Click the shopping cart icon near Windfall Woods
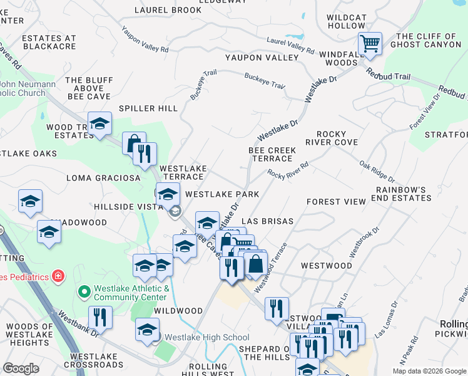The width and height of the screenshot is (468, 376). tap(370, 43)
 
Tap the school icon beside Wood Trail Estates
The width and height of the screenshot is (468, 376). tap(99, 123)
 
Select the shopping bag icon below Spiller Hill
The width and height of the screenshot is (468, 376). tap(133, 144)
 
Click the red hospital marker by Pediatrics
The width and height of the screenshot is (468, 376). tap(58, 275)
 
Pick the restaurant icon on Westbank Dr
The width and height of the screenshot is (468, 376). tap(99, 317)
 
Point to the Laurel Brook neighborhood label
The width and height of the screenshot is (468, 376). tap(168, 11)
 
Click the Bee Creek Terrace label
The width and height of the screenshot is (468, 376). tap(272, 154)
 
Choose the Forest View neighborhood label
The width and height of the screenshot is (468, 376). tap(335, 202)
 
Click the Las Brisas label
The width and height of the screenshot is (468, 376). tap(267, 222)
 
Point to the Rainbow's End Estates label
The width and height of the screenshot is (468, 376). tap(403, 193)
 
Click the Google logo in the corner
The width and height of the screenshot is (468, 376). tap(21, 368)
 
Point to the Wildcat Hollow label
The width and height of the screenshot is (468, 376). tap(346, 20)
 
